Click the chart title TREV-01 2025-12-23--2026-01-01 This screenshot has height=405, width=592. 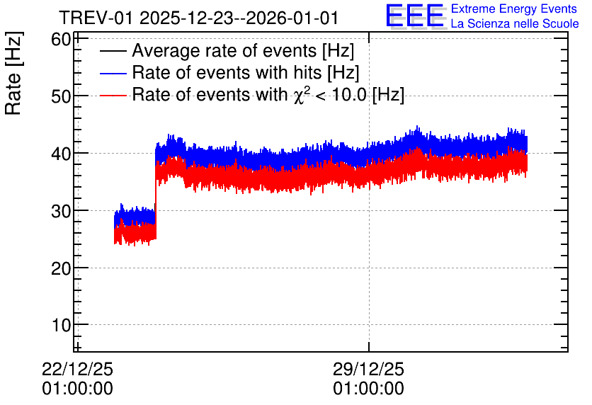pyautogui.click(x=198, y=18)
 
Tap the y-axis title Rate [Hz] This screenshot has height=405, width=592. pyautogui.click(x=13, y=73)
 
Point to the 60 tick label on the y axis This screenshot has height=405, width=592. pyautogui.click(x=61, y=39)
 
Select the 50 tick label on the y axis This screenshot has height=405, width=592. pyautogui.click(x=61, y=96)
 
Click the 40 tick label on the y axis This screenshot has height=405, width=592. pyautogui.click(x=61, y=154)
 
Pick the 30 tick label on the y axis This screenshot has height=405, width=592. pyautogui.click(x=61, y=212)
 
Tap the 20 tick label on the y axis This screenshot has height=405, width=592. pyautogui.click(x=61, y=269)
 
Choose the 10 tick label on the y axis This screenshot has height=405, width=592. pyautogui.click(x=61, y=326)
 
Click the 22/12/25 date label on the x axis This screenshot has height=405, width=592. pyautogui.click(x=77, y=369)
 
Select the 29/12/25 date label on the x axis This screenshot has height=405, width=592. pyautogui.click(x=368, y=369)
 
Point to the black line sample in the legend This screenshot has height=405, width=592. pyautogui.click(x=113, y=51)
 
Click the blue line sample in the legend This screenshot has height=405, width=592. pyautogui.click(x=113, y=73)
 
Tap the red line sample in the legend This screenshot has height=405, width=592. pyautogui.click(x=113, y=95)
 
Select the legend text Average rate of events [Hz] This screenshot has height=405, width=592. pyautogui.click(x=243, y=51)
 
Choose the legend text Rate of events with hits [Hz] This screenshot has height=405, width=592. pyautogui.click(x=246, y=72)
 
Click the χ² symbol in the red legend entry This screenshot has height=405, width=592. pyautogui.click(x=300, y=95)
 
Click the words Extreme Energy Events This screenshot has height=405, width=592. pyautogui.click(x=514, y=8)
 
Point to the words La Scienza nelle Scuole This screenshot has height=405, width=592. pyautogui.click(x=515, y=24)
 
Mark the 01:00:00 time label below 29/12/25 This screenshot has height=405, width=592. pyautogui.click(x=368, y=389)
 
